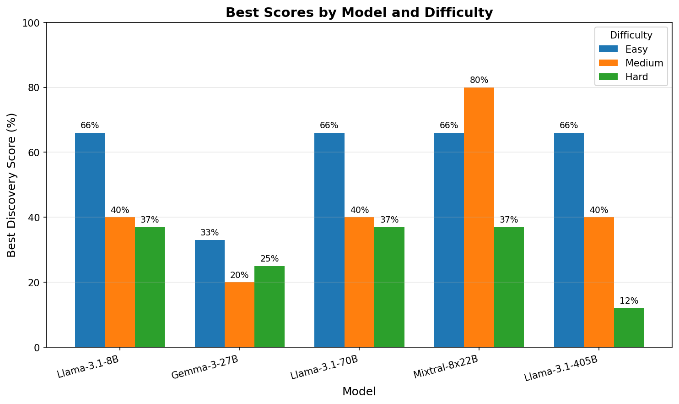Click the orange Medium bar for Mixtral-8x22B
pyautogui.click(x=479, y=217)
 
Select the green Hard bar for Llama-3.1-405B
pyautogui.click(x=629, y=328)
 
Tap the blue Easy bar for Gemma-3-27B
pyautogui.click(x=210, y=293)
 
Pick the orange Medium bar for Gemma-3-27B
pyautogui.click(x=239, y=315)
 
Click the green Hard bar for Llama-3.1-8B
pyautogui.click(x=150, y=287)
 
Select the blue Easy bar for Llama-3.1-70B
pyautogui.click(x=329, y=240)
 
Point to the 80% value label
pyautogui.click(x=479, y=80)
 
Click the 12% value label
pyautogui.click(x=629, y=301)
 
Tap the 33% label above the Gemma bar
pyautogui.click(x=210, y=233)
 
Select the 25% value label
pyautogui.click(x=269, y=259)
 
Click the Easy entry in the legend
pyautogui.click(x=636, y=49)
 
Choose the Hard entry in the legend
pyautogui.click(x=636, y=77)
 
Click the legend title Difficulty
pyautogui.click(x=631, y=35)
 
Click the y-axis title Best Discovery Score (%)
pyautogui.click(x=12, y=185)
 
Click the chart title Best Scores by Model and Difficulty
pyautogui.click(x=359, y=12)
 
